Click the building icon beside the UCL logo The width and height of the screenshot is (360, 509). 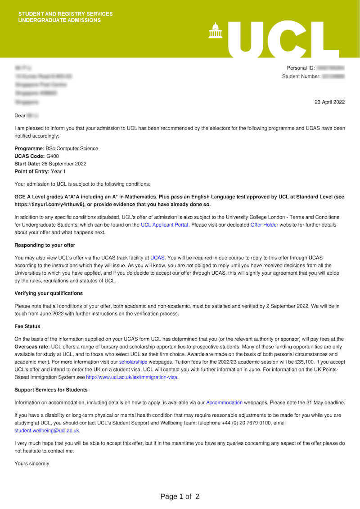[x=215, y=31]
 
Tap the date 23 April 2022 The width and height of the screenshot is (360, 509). [x=329, y=102]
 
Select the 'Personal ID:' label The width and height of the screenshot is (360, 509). [x=301, y=68]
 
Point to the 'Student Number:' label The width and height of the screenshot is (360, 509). [x=301, y=76]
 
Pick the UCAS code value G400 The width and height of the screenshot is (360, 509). [x=53, y=156]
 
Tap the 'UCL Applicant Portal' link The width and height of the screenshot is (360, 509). [x=164, y=225]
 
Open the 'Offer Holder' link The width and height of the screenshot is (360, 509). [x=264, y=225]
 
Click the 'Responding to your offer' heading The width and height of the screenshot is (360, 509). [x=45, y=245]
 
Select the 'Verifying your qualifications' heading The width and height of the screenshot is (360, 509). [x=49, y=293]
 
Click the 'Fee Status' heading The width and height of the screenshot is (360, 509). [x=27, y=326]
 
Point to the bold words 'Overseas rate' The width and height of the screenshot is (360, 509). [x=31, y=347]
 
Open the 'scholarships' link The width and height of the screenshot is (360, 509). [x=133, y=362]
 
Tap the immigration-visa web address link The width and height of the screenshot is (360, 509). [x=132, y=377]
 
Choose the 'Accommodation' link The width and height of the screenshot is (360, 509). [x=224, y=402]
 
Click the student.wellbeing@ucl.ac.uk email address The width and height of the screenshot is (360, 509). [x=47, y=430]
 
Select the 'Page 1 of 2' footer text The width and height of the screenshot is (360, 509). [x=180, y=496]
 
